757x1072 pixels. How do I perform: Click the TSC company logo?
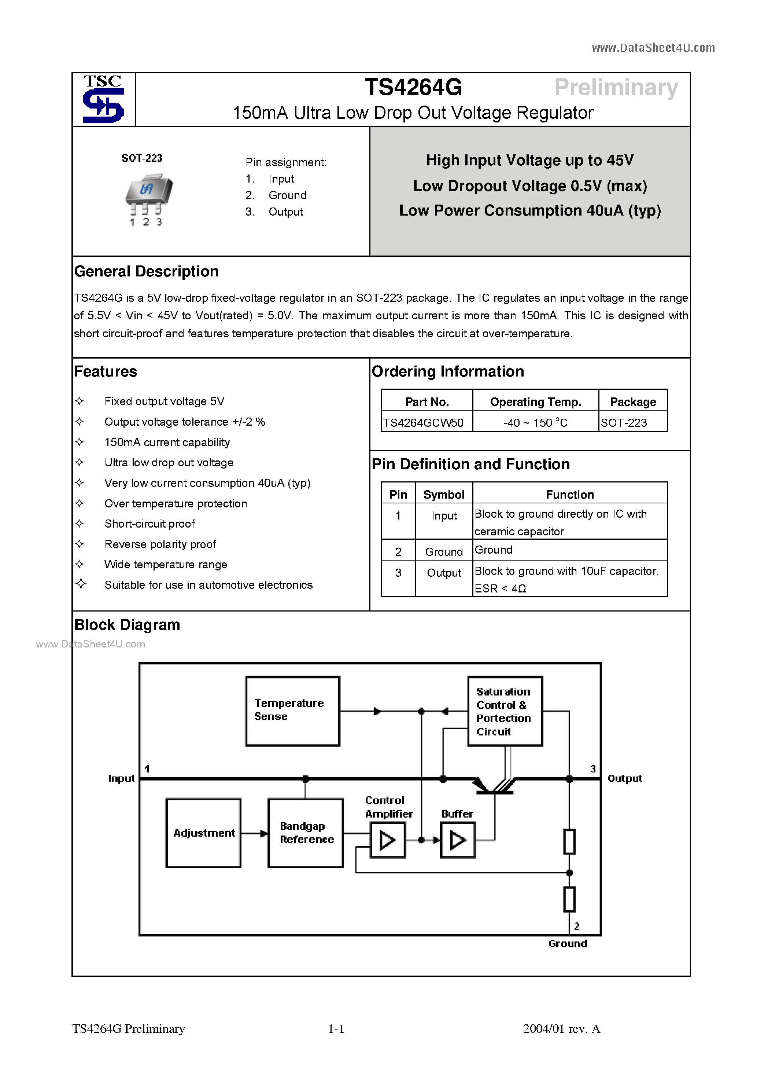pos(103,99)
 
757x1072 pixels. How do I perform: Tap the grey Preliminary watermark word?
pos(616,87)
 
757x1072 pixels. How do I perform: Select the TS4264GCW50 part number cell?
pos(423,423)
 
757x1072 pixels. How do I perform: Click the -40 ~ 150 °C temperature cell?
pos(535,423)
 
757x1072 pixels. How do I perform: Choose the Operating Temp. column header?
pos(535,401)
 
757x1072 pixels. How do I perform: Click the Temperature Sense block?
pos(292,711)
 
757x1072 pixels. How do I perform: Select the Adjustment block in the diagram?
pos(203,833)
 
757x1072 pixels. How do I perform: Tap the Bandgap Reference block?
pos(305,833)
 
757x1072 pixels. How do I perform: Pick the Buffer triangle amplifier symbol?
pos(457,840)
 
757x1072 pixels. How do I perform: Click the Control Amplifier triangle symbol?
pos(387,840)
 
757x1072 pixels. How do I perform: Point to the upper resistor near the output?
pos(569,841)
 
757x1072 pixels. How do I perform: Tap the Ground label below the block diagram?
pos(567,944)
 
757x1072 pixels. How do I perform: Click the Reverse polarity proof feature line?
pos(160,544)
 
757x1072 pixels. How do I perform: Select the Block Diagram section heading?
pos(127,625)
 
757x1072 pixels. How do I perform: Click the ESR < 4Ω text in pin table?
pos(500,589)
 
